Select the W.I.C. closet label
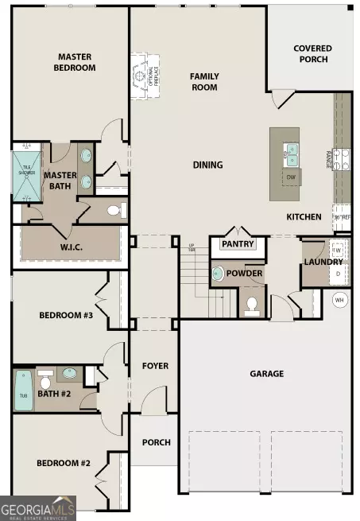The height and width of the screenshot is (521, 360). click(x=71, y=247)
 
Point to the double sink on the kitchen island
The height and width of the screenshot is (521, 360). click(x=292, y=151)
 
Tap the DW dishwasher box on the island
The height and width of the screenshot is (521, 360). click(x=291, y=177)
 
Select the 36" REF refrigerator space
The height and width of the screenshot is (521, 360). click(x=341, y=216)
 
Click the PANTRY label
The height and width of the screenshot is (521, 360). click(x=237, y=244)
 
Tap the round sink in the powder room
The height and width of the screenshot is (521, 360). click(x=218, y=274)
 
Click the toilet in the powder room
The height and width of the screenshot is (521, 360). click(x=251, y=304)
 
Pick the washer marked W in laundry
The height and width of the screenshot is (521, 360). click(x=336, y=251)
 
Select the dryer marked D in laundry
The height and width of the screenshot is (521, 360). click(x=336, y=273)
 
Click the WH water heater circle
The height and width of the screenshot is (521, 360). click(x=340, y=301)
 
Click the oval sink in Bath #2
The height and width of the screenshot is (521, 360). click(x=69, y=373)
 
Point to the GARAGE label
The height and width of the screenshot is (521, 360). click(x=266, y=374)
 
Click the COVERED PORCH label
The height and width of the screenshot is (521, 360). click(x=312, y=53)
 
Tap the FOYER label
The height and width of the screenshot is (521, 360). click(x=155, y=366)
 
